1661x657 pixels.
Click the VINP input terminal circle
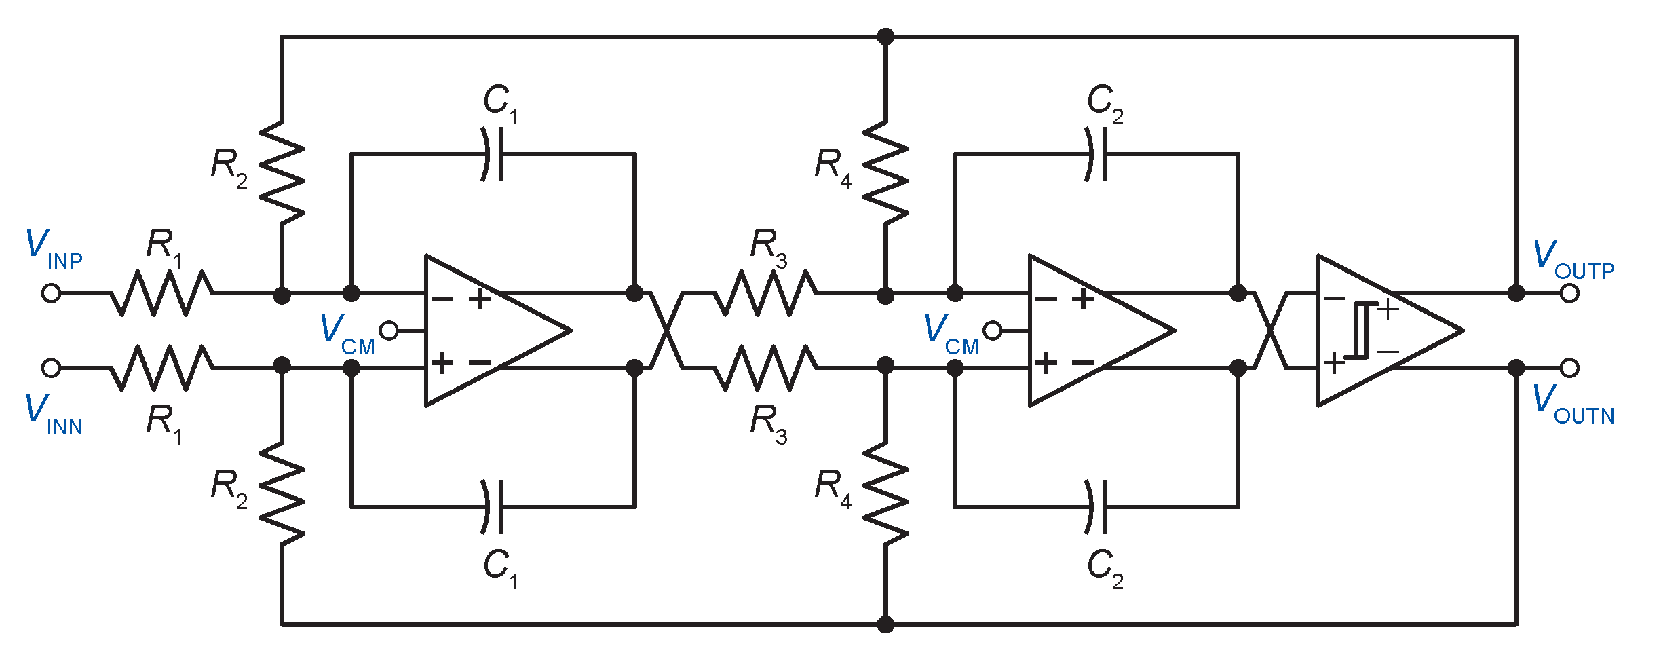(51, 293)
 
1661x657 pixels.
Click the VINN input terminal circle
(51, 368)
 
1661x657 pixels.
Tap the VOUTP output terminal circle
(1569, 293)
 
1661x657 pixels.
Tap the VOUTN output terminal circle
(1569, 368)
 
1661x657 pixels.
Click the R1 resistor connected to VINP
(161, 293)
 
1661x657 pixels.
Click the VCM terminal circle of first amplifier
(389, 331)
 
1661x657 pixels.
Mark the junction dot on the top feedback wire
(885, 37)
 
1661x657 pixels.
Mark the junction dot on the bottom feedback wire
(885, 624)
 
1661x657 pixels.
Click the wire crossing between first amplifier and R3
(667, 331)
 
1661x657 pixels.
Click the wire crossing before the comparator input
(1270, 331)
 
